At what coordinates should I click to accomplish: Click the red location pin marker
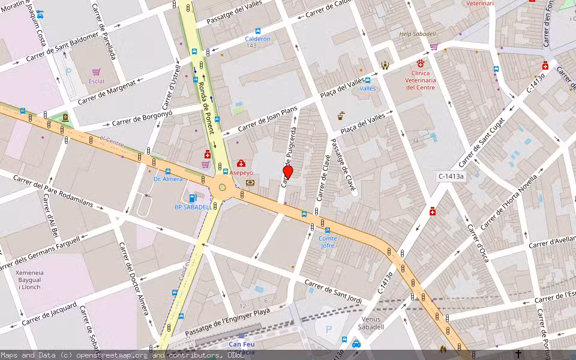[x=288, y=172]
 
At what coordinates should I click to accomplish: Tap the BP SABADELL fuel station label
[x=193, y=207]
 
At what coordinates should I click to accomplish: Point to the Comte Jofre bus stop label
[x=328, y=242]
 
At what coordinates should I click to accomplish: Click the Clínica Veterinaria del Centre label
[x=421, y=79]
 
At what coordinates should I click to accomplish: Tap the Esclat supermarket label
[x=97, y=81]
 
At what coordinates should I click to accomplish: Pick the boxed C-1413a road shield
[x=451, y=176]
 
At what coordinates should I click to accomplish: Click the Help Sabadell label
[x=417, y=34]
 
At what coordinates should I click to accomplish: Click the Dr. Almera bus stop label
[x=167, y=179]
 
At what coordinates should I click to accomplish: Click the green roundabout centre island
[x=223, y=187]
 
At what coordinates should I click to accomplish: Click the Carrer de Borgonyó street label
[x=142, y=119]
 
